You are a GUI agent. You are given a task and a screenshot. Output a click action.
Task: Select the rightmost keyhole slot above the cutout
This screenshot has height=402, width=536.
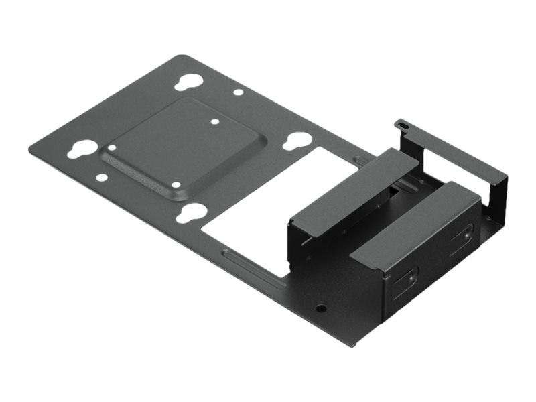pos(297,141)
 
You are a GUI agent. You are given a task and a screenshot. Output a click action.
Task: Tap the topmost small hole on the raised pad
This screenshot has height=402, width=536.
pos(215,123)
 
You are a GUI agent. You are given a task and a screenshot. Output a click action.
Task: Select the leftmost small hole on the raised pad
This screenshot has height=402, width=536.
pos(112,147)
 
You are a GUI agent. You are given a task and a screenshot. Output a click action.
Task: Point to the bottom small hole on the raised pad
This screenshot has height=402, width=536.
pos(176,184)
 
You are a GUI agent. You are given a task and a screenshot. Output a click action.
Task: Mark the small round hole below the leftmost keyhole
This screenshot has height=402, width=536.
pos(101,178)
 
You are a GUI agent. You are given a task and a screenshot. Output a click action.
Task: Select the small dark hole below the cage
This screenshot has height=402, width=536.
pos(321,309)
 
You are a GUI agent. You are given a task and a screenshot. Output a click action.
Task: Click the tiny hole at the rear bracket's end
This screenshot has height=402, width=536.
pos(401,123)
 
